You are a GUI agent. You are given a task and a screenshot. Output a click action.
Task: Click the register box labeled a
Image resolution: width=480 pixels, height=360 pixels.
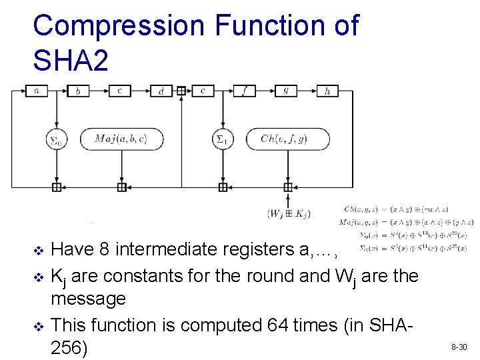36,91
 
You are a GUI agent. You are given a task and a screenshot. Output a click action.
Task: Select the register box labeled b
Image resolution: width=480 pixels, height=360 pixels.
78,91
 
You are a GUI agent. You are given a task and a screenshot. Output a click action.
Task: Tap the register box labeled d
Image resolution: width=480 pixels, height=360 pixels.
161,91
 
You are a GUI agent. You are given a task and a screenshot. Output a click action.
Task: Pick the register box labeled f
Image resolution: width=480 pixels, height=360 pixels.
244,91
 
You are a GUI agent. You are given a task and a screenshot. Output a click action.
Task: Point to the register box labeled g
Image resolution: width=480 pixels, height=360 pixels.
285,91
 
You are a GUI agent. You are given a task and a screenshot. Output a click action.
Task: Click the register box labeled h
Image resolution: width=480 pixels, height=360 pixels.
327,91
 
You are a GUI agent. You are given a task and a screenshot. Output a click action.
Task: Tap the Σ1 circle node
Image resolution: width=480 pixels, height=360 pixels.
222,139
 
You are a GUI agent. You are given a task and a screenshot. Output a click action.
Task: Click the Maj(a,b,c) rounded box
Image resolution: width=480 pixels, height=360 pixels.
121,139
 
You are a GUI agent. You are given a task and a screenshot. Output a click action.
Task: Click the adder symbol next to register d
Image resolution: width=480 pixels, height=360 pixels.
181,91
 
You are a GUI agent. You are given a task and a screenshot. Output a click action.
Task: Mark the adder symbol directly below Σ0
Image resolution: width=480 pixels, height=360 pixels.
56,187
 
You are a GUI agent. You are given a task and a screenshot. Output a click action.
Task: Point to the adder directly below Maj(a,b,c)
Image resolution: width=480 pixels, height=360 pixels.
121,187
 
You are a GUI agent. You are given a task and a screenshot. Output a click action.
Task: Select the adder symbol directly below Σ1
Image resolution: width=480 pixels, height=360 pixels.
222,187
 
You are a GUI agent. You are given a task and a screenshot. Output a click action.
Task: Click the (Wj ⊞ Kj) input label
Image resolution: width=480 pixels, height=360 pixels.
289,214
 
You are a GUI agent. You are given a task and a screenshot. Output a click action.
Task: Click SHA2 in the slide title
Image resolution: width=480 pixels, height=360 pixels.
70,61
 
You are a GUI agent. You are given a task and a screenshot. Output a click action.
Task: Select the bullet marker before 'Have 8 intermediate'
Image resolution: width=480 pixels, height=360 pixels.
38,251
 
